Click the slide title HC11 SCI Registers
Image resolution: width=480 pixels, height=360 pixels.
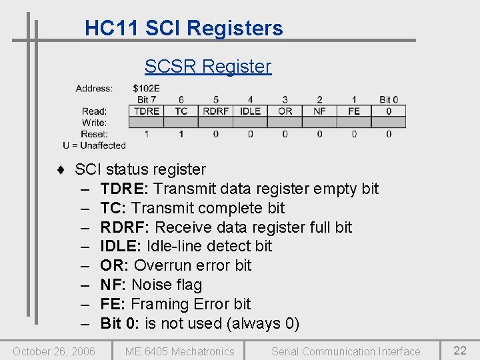(x=184, y=28)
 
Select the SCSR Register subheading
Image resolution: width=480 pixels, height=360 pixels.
(x=208, y=67)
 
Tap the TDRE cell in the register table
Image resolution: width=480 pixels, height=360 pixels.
(x=147, y=111)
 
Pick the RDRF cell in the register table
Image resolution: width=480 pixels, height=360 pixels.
(x=215, y=111)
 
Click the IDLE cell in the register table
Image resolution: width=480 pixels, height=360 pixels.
(x=250, y=111)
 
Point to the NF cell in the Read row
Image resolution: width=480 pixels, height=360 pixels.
(x=319, y=111)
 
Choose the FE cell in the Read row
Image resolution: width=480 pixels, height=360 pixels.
(x=354, y=111)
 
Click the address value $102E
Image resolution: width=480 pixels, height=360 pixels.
(x=146, y=89)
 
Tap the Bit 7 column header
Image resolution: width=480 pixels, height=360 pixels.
(x=147, y=100)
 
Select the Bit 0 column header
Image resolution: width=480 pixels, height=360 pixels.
(x=389, y=100)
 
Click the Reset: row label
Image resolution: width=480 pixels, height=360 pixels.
(x=94, y=134)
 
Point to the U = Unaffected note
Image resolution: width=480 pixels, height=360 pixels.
(x=94, y=145)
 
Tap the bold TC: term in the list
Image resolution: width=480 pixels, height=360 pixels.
(x=112, y=208)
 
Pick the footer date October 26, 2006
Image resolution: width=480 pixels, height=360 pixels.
(x=54, y=351)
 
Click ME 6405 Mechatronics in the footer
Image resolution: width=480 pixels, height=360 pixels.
(x=180, y=351)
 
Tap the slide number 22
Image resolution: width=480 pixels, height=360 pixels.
(x=460, y=351)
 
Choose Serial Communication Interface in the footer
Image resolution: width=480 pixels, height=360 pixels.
(x=346, y=351)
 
